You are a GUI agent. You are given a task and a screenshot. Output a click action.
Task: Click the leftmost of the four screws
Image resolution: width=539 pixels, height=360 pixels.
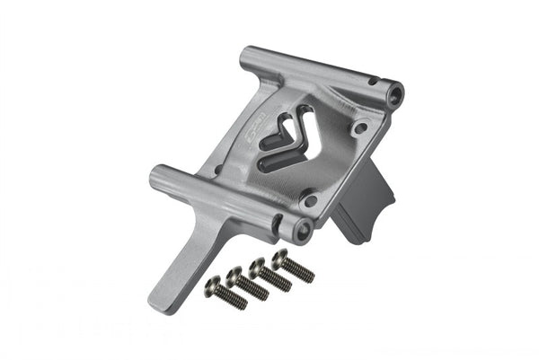pyautogui.click(x=226, y=293)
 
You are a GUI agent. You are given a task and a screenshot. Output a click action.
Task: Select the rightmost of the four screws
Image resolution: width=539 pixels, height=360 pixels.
pyautogui.click(x=293, y=266)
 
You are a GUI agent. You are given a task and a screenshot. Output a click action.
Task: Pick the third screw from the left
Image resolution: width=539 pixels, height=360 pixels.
pyautogui.click(x=270, y=274)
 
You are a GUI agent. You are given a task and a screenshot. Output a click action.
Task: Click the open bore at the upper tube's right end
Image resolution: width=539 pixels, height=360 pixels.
pyautogui.click(x=393, y=91)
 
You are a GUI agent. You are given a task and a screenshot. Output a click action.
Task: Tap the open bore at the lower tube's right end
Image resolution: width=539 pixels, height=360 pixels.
pyautogui.click(x=302, y=230)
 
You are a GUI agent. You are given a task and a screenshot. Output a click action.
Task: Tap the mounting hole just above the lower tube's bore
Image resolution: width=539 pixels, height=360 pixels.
pyautogui.click(x=309, y=199)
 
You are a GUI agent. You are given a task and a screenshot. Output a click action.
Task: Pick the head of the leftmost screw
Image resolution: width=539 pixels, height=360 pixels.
pyautogui.click(x=213, y=285)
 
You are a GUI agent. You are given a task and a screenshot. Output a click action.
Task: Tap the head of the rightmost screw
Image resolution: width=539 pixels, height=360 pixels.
pyautogui.click(x=279, y=259)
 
